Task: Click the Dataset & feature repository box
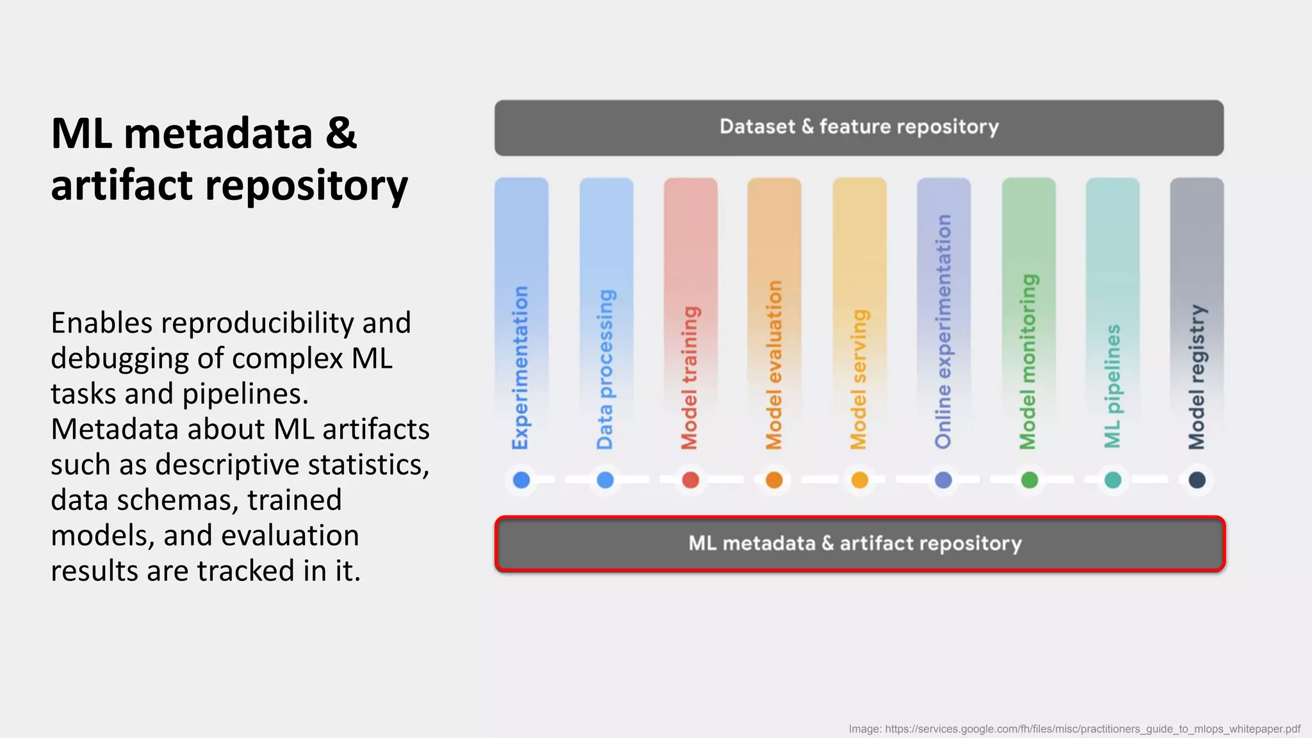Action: tap(858, 127)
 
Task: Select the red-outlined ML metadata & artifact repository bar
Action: tap(858, 544)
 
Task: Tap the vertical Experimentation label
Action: tap(521, 368)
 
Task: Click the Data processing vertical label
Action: tap(605, 370)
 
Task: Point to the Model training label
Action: tap(690, 378)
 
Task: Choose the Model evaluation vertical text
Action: tap(775, 365)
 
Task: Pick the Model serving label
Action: tap(859, 379)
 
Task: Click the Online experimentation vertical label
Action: tap(943, 332)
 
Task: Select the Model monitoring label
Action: tap(1028, 362)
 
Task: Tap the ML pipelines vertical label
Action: tap(1113, 386)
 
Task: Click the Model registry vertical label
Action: tap(1197, 377)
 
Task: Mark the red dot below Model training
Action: tap(690, 480)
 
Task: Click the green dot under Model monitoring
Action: tap(1029, 480)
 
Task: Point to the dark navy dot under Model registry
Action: tap(1197, 480)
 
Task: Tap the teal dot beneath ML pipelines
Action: tap(1113, 480)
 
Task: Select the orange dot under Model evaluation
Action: tap(774, 480)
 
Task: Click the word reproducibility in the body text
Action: tap(256, 323)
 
